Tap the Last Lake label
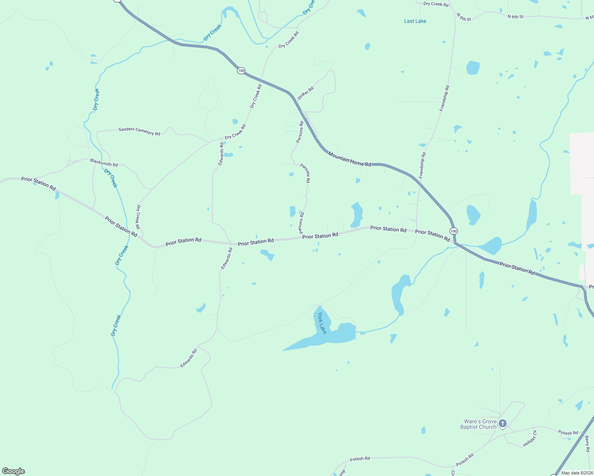415,21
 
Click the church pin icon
503,424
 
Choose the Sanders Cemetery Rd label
139,131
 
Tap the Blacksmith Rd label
104,163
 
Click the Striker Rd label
305,93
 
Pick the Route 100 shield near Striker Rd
241,71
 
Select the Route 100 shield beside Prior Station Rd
453,231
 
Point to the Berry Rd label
587,444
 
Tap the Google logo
13,471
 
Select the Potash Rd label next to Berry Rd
568,433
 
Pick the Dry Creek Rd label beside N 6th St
436,4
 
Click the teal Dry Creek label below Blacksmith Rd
111,178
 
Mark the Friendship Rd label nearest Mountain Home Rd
422,165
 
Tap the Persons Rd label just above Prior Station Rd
301,223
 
